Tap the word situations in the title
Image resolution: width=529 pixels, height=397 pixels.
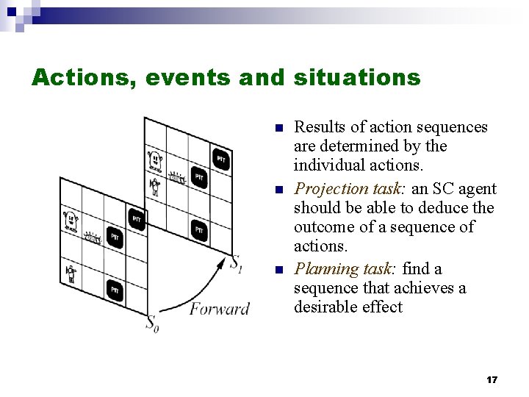[x=356, y=77]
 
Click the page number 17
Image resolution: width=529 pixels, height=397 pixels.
[x=492, y=380]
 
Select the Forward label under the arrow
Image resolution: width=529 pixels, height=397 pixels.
[x=219, y=309]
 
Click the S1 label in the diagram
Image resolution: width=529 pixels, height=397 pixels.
[x=236, y=262]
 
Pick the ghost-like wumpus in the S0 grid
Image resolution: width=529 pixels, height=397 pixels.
[x=71, y=219]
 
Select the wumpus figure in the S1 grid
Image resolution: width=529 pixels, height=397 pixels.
[x=155, y=159]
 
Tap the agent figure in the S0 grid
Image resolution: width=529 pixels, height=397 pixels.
[x=71, y=274]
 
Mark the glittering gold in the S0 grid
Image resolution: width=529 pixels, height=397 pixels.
[x=93, y=236]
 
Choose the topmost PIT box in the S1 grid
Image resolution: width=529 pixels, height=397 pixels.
[x=220, y=159]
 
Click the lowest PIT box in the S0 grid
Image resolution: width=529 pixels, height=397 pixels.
[x=115, y=291]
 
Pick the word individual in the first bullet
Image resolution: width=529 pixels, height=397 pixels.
[x=328, y=165]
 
